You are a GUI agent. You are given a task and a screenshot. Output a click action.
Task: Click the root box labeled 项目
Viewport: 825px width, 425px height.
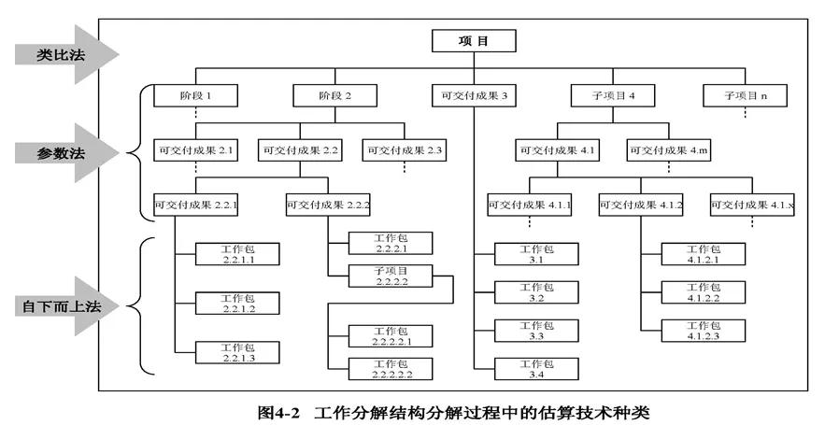click(474, 41)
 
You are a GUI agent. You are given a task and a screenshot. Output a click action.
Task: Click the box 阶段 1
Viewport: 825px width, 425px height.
click(196, 95)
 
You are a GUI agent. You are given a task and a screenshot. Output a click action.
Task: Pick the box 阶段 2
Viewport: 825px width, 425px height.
click(334, 95)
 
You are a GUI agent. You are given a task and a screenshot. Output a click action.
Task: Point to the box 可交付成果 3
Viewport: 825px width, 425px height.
click(474, 95)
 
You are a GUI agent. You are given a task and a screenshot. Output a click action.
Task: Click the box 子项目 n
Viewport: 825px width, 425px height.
click(745, 95)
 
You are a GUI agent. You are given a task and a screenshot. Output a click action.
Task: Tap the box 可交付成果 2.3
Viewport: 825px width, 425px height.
click(405, 149)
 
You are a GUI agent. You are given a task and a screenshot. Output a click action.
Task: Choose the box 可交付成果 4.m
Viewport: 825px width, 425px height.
click(665, 149)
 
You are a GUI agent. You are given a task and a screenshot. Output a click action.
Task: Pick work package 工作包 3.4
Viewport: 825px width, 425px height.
click(535, 369)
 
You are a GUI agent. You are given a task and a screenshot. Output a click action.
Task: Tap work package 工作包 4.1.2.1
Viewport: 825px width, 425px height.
click(703, 255)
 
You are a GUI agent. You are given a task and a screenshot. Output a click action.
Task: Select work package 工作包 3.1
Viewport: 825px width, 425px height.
click(535, 255)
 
